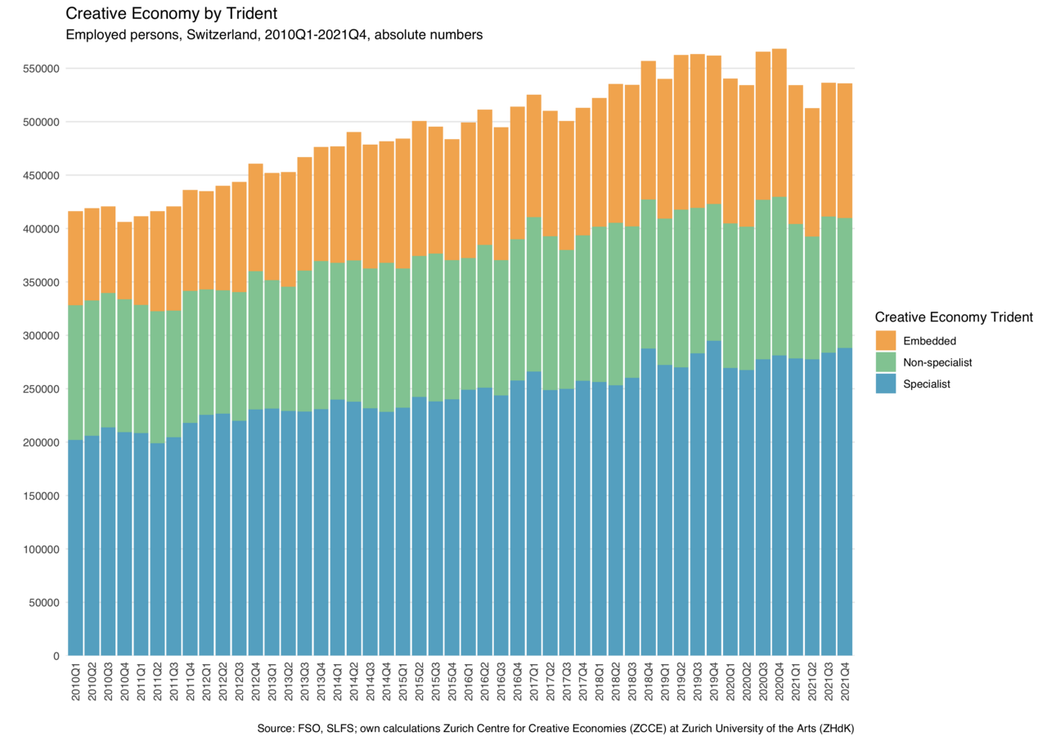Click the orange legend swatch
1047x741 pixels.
click(x=886, y=340)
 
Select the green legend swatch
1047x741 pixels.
click(x=886, y=362)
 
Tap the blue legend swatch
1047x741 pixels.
click(x=886, y=384)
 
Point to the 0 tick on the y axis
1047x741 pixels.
click(x=56, y=655)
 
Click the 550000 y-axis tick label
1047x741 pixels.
click(x=42, y=69)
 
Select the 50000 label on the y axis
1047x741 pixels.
click(x=45, y=602)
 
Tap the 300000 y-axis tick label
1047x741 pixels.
click(x=42, y=335)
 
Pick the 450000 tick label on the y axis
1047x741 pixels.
click(x=42, y=175)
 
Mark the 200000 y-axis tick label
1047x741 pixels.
click(x=42, y=442)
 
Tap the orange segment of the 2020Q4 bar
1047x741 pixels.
click(x=780, y=123)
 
